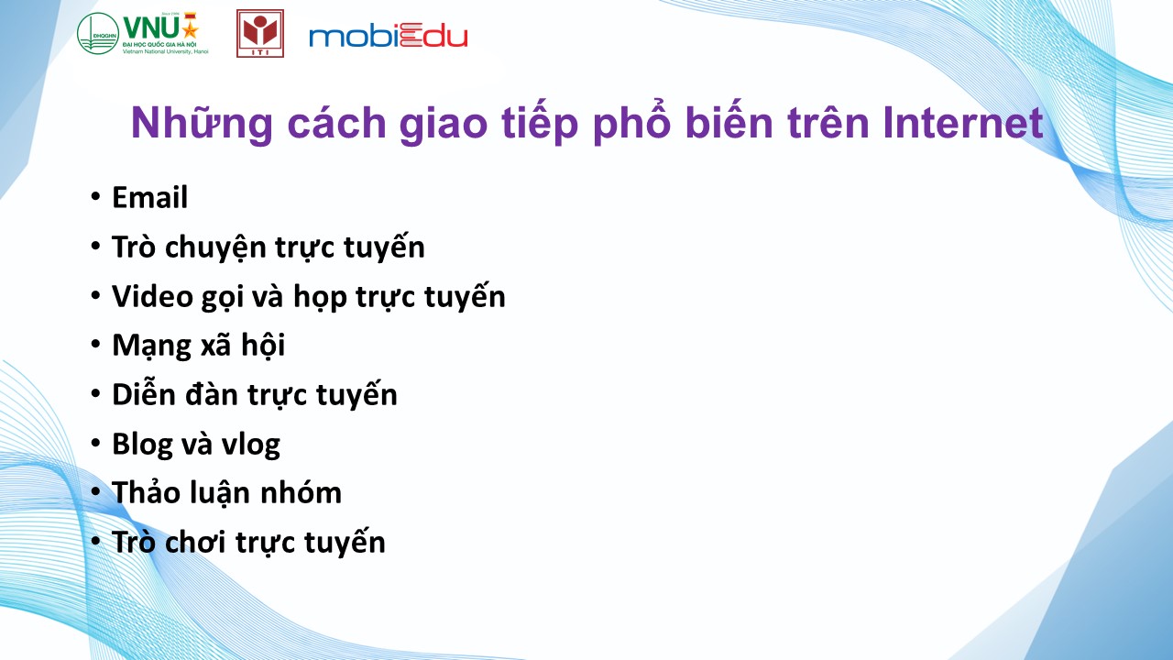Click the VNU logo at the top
143,34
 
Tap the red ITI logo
260,34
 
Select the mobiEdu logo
388,36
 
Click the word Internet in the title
963,123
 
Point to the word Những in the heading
202,125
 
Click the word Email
149,197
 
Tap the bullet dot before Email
95,197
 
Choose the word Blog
142,445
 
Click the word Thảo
145,492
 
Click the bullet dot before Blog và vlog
95,443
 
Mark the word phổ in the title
632,125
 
